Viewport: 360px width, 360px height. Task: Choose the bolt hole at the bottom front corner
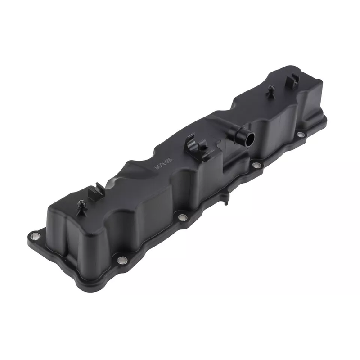pos(121,260)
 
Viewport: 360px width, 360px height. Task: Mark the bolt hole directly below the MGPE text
pos(182,217)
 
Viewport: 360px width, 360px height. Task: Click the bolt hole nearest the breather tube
pos(256,166)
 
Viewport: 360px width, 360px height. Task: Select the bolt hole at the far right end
pos(301,134)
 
